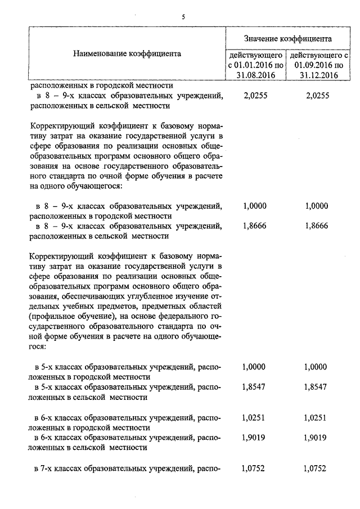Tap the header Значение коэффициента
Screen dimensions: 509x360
click(x=287, y=38)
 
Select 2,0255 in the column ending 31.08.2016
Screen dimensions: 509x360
click(x=254, y=96)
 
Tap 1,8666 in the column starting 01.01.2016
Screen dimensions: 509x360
click(x=254, y=226)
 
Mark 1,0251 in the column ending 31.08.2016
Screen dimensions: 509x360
click(x=254, y=417)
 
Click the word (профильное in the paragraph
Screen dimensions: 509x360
click(x=49, y=316)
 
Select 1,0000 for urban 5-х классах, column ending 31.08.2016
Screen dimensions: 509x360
click(x=254, y=367)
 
